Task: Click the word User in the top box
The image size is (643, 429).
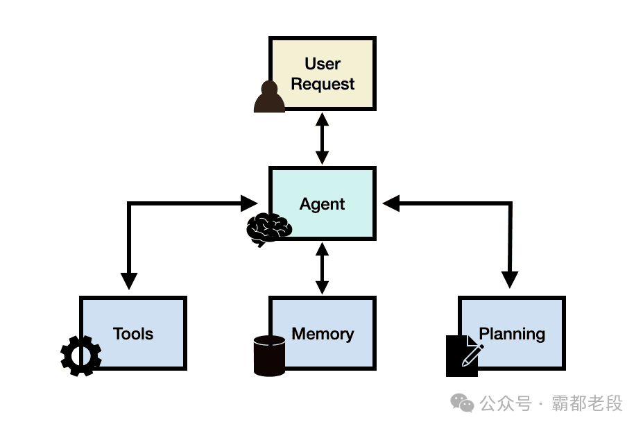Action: coord(323,64)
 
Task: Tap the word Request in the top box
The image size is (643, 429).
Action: coord(323,84)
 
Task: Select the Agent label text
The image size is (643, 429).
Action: coord(323,204)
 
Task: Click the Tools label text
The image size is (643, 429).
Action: coord(133,333)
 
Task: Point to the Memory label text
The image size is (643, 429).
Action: coord(323,333)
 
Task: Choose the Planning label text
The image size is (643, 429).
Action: coord(512,333)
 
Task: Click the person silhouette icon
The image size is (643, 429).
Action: coord(269,97)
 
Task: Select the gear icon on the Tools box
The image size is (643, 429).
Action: coord(81,355)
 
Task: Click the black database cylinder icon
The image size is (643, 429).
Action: coord(269,355)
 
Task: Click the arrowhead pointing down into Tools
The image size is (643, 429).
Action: coord(128,280)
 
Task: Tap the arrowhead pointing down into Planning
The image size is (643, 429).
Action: coord(510,280)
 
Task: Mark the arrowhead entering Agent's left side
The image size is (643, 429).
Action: coord(249,203)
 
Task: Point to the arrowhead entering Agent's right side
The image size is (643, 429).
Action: coord(391,203)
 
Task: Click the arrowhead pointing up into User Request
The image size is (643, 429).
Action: coord(322,119)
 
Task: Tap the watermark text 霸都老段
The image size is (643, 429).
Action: coord(587,403)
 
